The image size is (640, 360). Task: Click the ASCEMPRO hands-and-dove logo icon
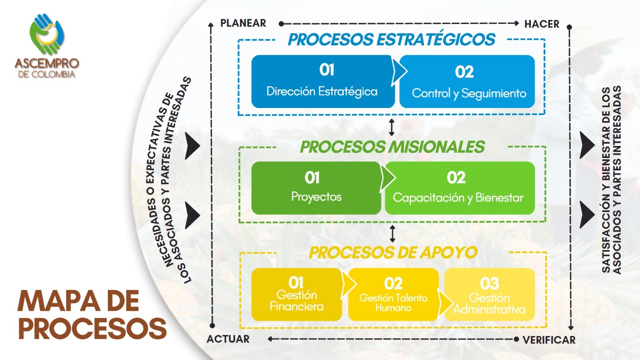click(47, 34)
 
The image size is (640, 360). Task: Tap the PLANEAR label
click(243, 23)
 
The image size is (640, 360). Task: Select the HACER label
click(542, 24)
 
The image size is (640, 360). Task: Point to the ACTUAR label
click(228, 339)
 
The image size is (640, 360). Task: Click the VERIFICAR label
click(549, 340)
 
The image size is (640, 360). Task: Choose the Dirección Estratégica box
click(322, 82)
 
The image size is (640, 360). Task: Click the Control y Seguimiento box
click(468, 82)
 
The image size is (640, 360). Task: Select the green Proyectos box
click(316, 188)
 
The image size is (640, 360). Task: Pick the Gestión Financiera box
click(296, 294)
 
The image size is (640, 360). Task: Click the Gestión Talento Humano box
click(393, 294)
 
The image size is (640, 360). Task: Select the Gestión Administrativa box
click(489, 295)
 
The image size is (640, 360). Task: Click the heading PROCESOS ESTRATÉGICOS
click(392, 40)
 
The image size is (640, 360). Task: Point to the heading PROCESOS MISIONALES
click(392, 147)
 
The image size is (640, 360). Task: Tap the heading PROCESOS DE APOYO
click(393, 252)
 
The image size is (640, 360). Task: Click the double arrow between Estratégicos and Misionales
click(392, 127)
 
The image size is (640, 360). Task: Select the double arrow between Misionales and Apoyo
click(392, 234)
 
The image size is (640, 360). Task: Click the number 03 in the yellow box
click(489, 284)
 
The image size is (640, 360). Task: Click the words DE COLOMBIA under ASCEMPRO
click(46, 74)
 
